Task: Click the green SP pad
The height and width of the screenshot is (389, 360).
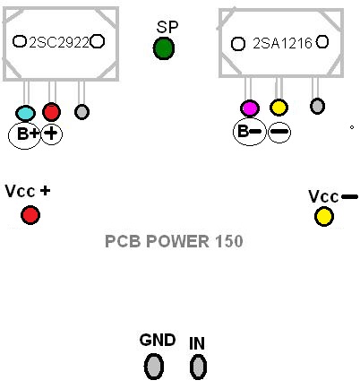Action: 164,48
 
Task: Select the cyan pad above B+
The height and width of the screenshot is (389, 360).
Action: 26,113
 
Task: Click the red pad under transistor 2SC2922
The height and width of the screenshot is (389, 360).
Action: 51,112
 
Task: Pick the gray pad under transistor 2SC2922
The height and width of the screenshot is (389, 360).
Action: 81,112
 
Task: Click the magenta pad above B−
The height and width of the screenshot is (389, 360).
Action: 249,108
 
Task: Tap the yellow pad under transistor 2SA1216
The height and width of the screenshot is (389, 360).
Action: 279,108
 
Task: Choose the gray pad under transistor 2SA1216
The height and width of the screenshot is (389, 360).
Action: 316,107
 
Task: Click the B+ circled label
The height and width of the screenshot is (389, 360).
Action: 22,134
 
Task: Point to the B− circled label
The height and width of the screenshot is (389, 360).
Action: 248,131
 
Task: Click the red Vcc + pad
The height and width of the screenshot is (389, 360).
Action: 30,215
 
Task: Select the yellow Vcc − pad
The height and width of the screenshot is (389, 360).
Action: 323,216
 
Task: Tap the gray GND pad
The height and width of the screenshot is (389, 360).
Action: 155,365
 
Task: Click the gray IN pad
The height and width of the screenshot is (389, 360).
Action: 198,365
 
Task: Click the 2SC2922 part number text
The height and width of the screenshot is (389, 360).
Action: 59,41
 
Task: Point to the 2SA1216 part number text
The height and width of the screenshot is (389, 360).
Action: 282,42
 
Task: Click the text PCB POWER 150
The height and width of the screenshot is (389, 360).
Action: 174,241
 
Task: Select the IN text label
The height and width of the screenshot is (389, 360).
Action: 197,342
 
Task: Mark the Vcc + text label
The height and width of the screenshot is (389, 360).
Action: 28,192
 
